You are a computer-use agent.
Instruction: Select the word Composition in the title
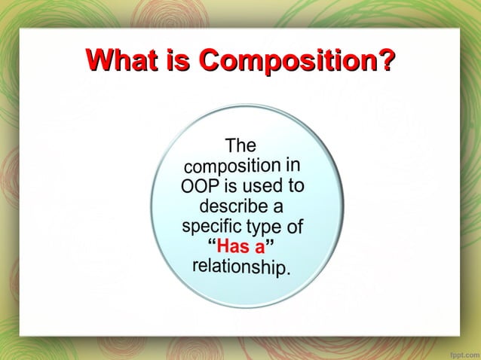pyautogui.click(x=286, y=60)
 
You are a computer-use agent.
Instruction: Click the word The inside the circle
pyautogui.click(x=241, y=145)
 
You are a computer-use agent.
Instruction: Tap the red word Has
pyautogui.click(x=233, y=246)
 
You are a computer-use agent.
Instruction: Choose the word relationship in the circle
pyautogui.click(x=241, y=267)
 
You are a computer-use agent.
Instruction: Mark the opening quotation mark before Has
pyautogui.click(x=211, y=243)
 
